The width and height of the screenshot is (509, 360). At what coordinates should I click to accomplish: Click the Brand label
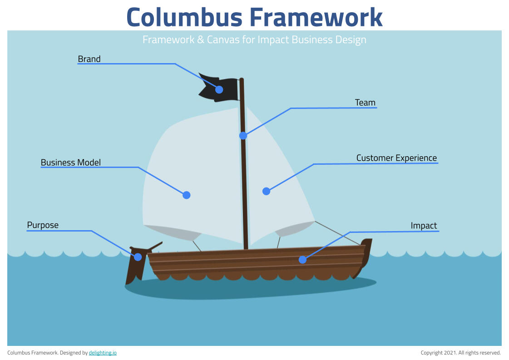click(89, 59)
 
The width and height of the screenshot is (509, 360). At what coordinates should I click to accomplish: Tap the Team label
click(365, 103)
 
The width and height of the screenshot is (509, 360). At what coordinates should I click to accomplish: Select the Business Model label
click(71, 163)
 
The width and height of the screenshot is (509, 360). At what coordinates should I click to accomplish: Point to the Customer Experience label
click(397, 158)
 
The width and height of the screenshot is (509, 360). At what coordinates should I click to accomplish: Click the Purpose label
click(43, 225)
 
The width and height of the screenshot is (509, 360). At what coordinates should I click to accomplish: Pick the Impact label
click(424, 226)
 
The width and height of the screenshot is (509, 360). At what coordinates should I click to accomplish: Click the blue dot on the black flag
click(219, 89)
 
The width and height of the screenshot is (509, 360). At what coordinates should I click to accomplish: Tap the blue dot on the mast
click(243, 136)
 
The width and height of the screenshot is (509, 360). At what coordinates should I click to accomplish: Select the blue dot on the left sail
click(186, 195)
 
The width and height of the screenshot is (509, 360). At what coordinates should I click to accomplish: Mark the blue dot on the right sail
click(266, 191)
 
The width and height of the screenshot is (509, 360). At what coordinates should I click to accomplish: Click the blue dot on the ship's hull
click(302, 260)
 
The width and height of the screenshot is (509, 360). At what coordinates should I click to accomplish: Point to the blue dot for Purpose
click(138, 257)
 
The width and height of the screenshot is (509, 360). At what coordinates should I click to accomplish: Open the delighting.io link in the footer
click(103, 353)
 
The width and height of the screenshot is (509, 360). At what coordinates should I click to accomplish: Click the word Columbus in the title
click(184, 17)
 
